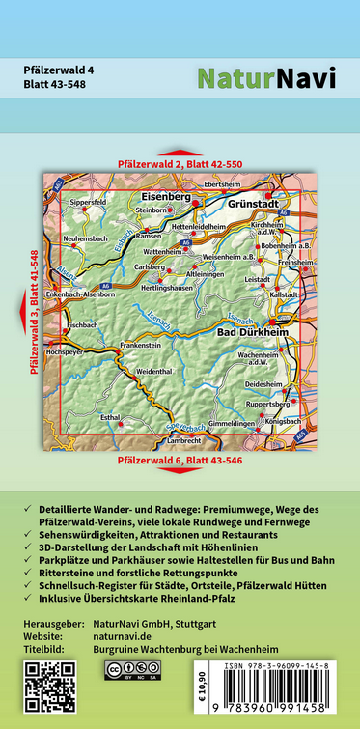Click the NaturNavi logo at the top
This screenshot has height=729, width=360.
(x=266, y=78)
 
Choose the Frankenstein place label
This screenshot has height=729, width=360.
(x=141, y=345)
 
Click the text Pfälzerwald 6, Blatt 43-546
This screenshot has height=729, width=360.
(x=179, y=461)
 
